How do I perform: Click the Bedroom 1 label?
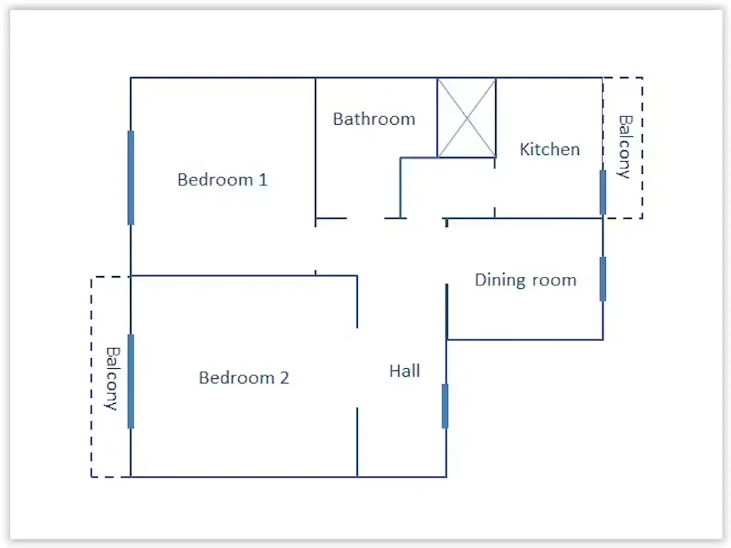[222, 180]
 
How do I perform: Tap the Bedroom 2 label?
[244, 377]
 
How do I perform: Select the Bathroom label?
[374, 119]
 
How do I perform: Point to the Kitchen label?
[550, 149]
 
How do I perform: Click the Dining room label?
[525, 280]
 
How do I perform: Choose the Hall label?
[404, 371]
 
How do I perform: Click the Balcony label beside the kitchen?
[625, 147]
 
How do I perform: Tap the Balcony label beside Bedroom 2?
[112, 378]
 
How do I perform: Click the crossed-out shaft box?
[466, 118]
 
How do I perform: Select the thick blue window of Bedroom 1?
[131, 178]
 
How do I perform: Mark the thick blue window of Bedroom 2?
[131, 381]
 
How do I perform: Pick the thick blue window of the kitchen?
[603, 192]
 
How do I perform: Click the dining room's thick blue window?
[603, 279]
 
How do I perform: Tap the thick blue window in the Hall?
[445, 406]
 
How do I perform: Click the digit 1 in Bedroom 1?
[263, 180]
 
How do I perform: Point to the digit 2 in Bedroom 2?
[284, 377]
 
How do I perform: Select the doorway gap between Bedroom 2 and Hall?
[357, 367]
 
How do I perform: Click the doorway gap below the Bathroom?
[366, 218]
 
